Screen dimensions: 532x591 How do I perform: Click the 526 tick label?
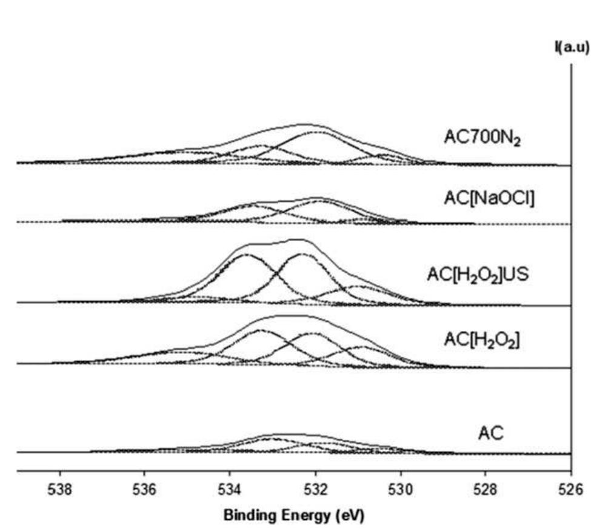coord(570,489)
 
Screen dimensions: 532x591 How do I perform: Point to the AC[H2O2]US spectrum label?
coord(478,274)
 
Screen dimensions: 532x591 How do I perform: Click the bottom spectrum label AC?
coord(492,433)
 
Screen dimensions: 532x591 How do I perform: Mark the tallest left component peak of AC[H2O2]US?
coord(246,254)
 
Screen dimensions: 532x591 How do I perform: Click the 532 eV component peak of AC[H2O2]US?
coord(301,254)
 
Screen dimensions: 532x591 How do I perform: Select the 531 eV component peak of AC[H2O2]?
coord(362,347)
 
